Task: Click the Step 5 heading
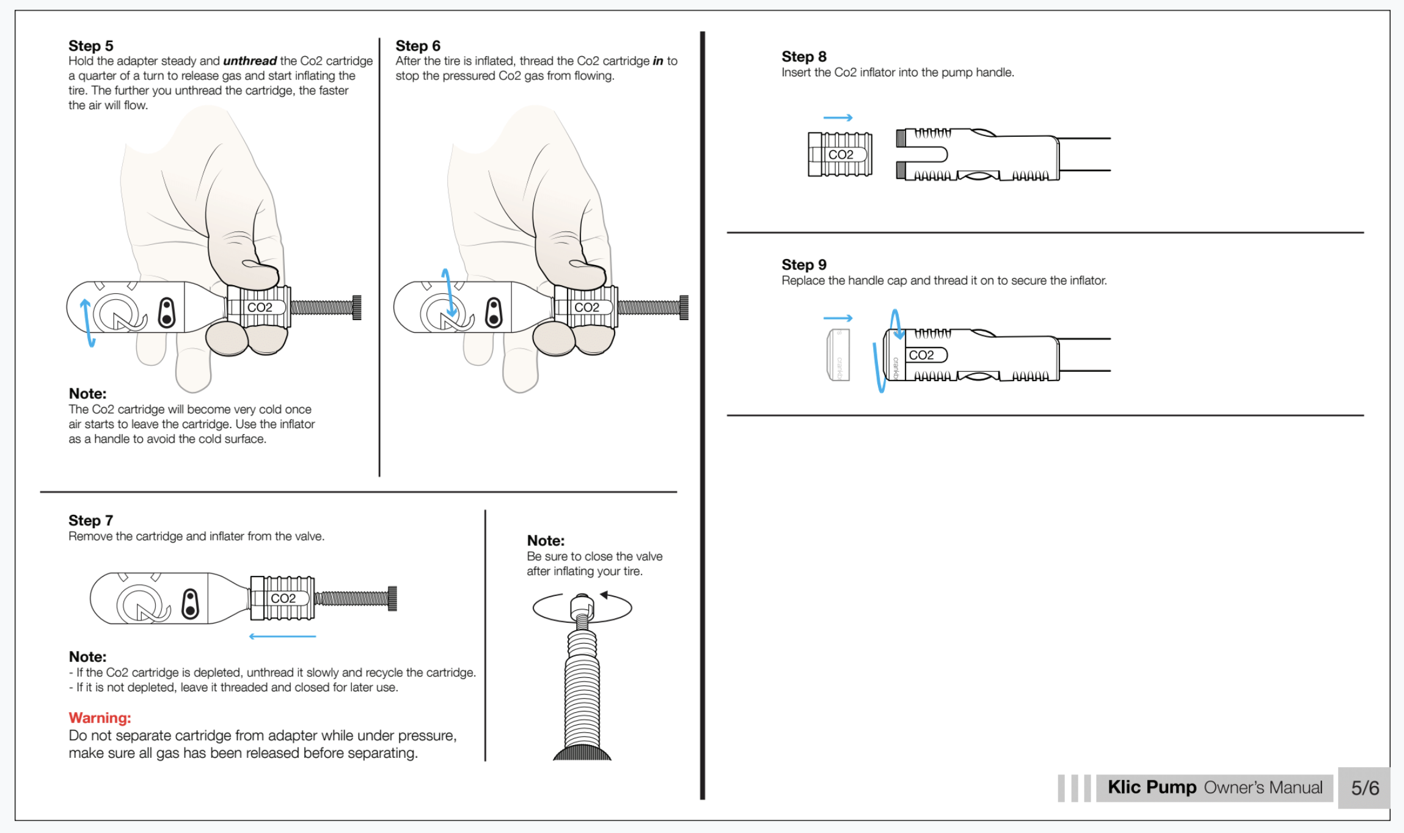click(x=90, y=46)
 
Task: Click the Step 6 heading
click(x=418, y=46)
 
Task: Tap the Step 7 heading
click(x=90, y=520)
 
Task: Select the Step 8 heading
click(x=804, y=57)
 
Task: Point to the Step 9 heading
click(x=804, y=264)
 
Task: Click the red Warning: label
click(x=100, y=718)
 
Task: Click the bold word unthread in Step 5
click(x=250, y=61)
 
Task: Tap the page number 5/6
click(x=1365, y=788)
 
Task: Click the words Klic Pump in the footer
click(x=1152, y=787)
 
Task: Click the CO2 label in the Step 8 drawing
click(x=841, y=155)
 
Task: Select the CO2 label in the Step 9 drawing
click(x=921, y=355)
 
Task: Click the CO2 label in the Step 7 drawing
click(x=283, y=598)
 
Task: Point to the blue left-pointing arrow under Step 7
click(x=282, y=636)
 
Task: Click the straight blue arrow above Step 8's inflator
click(x=838, y=117)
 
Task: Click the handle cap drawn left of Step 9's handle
click(x=837, y=355)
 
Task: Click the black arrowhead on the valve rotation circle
click(x=604, y=594)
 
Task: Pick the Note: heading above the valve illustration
click(x=546, y=540)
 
